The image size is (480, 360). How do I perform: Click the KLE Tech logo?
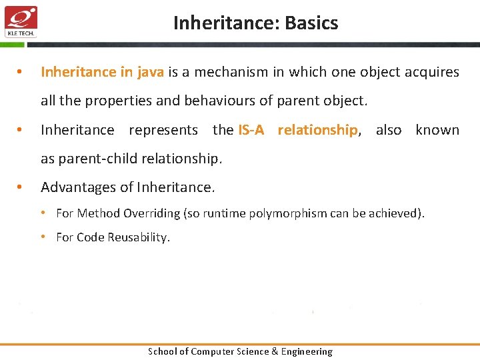(x=21, y=21)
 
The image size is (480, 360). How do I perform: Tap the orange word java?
(x=151, y=72)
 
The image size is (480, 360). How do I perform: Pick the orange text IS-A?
(x=251, y=130)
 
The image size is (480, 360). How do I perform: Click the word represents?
(x=163, y=130)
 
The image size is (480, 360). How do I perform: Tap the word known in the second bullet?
(x=437, y=130)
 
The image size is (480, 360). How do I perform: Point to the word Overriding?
(x=153, y=213)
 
